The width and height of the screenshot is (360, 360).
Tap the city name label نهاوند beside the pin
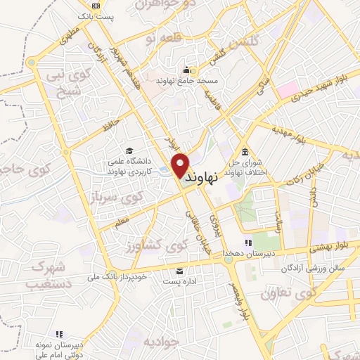pos(210,179)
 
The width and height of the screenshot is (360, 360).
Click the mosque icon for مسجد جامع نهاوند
pos(186,70)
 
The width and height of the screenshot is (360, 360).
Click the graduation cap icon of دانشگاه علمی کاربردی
pos(129,150)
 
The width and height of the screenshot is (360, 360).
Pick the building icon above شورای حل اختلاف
pos(244,153)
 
